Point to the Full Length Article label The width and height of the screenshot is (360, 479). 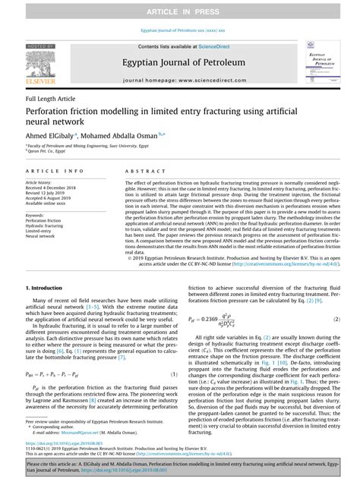pos(52,99)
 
